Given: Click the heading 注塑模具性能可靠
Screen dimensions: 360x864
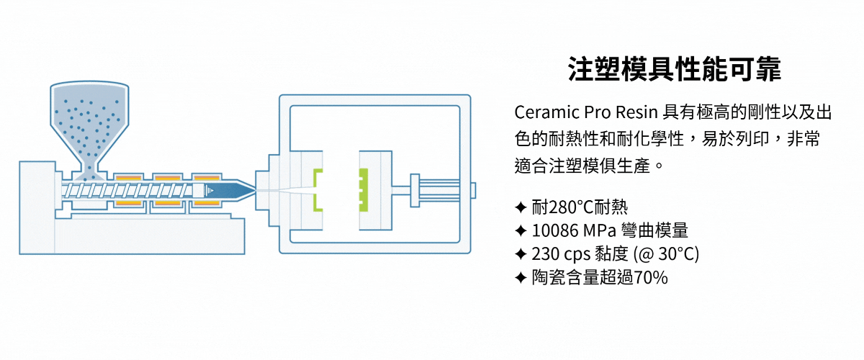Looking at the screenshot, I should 674,71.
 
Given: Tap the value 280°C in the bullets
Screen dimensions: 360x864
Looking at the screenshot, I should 569,208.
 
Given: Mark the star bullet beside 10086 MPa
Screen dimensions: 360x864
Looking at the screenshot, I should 521,231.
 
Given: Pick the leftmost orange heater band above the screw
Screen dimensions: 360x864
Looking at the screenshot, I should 129,177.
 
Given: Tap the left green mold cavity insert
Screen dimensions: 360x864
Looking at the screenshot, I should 317,190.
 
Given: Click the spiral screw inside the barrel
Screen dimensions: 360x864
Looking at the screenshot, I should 130,190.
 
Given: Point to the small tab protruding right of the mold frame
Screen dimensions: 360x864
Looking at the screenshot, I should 473,190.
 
